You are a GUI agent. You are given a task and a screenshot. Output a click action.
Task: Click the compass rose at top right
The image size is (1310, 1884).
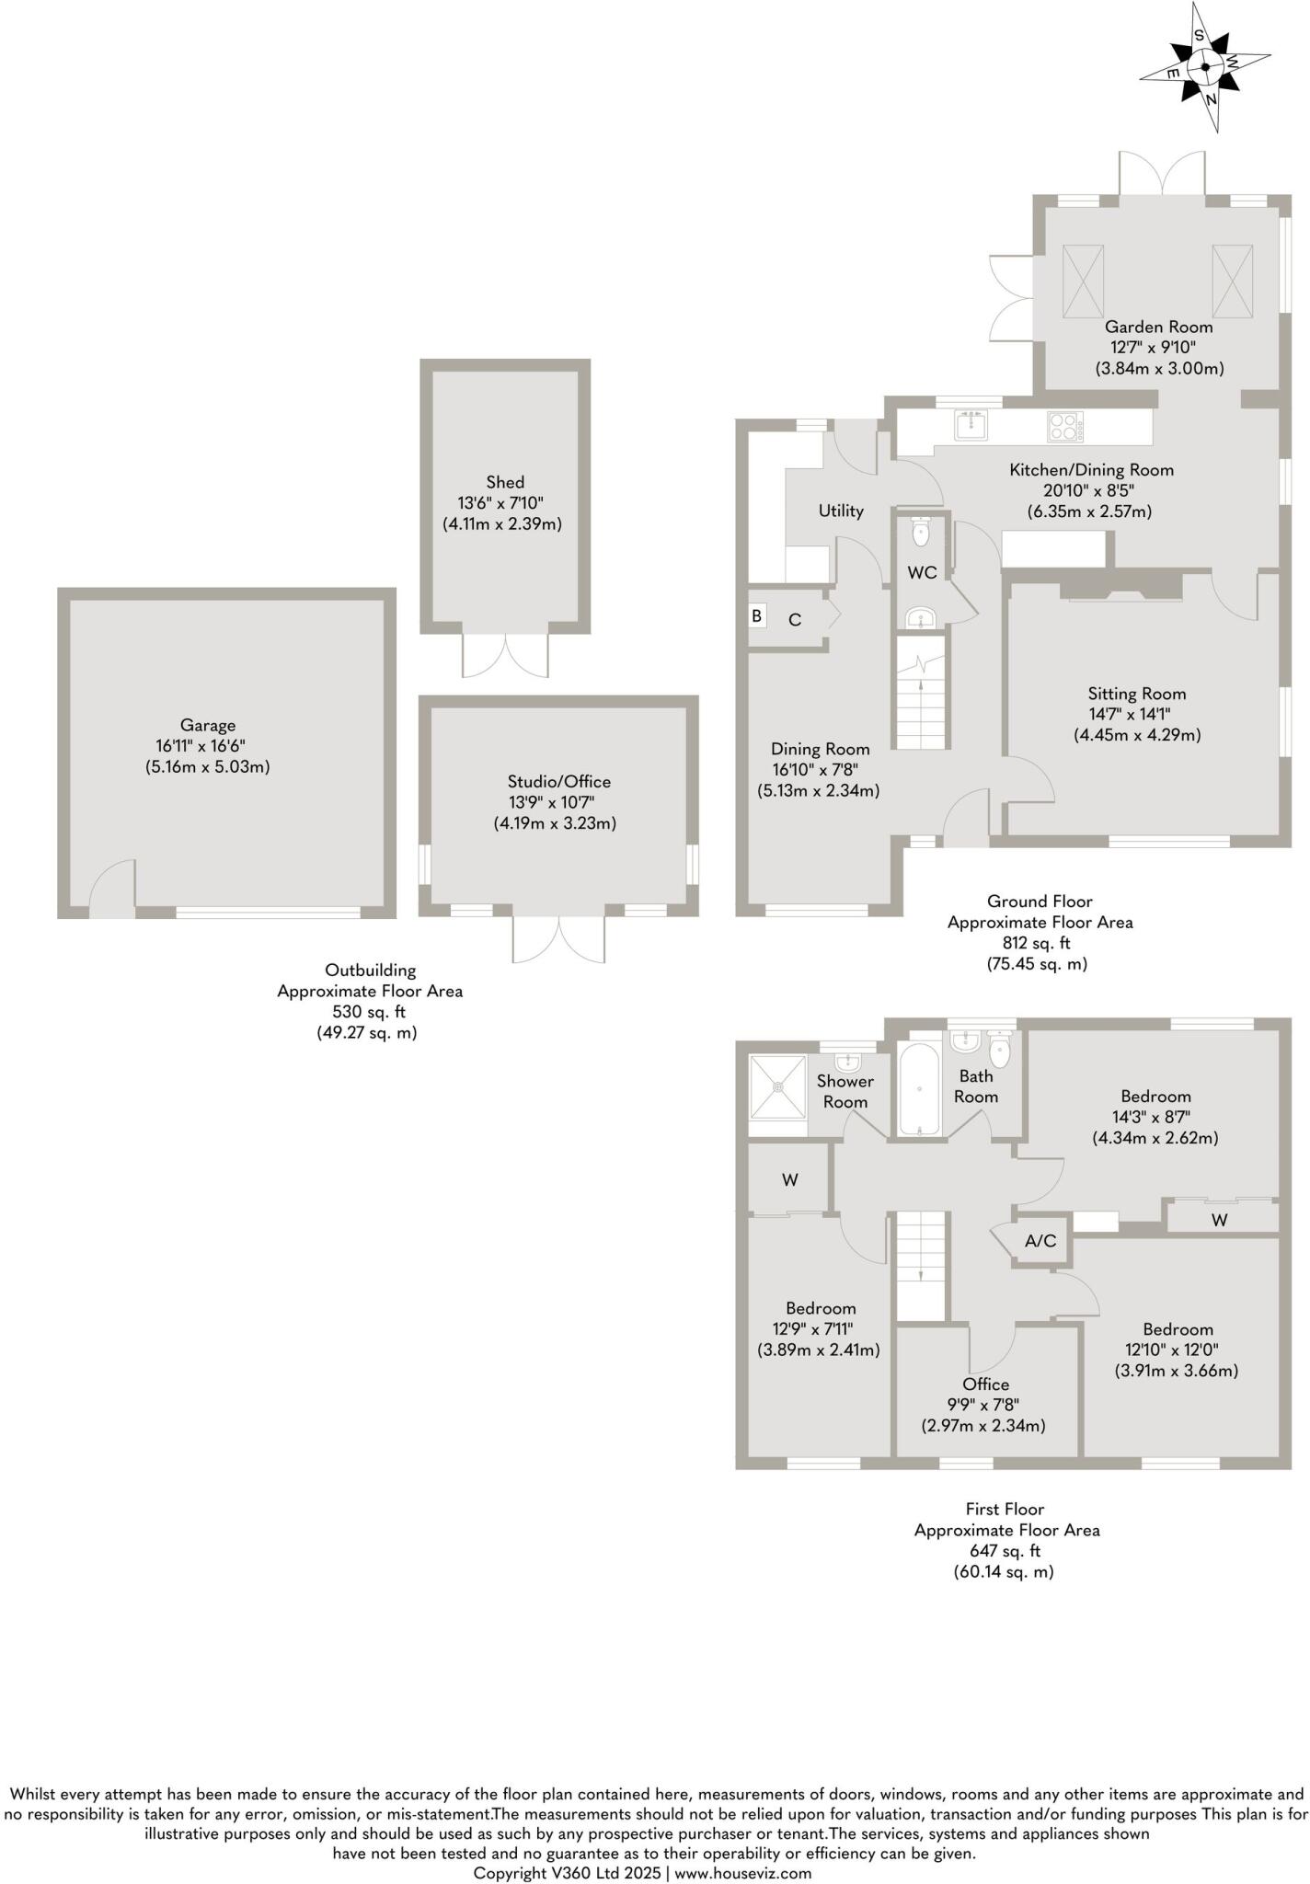point(1206,67)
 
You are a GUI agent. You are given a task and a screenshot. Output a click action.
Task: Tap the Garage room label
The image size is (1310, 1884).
point(208,726)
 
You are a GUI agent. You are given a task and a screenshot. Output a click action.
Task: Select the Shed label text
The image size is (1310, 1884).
point(505,482)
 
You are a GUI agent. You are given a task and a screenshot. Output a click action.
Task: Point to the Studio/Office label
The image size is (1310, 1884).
point(554,782)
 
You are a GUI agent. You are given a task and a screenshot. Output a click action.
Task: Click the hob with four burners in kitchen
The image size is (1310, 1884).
point(1064,426)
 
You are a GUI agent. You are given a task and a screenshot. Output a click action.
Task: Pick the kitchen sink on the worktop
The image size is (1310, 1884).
point(971,426)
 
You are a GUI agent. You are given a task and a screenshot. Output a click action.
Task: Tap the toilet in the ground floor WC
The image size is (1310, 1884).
point(921,531)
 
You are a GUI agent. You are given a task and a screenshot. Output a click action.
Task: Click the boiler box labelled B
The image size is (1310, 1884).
point(757,615)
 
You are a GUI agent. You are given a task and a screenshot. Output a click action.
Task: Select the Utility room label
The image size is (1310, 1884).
point(841,511)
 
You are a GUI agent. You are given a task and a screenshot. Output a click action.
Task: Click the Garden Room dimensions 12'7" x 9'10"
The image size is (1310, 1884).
point(1159,348)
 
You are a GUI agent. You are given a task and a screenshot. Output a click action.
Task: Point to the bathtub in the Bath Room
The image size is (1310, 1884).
point(920,1090)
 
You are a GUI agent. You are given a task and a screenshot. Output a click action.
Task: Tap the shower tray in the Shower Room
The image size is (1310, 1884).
point(778,1086)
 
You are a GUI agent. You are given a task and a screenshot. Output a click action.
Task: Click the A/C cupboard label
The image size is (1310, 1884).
point(1040,1241)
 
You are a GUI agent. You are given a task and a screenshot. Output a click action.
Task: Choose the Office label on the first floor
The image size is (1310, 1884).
point(986,1384)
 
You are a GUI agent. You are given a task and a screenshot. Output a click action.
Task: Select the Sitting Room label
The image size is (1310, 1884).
point(1137,694)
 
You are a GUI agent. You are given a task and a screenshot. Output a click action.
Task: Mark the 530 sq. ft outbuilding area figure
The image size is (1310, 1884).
point(369,1012)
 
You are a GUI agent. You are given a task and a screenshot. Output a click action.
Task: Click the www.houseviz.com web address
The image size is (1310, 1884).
point(743,1873)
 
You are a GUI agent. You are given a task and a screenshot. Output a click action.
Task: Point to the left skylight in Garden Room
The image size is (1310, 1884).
point(1083,280)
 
